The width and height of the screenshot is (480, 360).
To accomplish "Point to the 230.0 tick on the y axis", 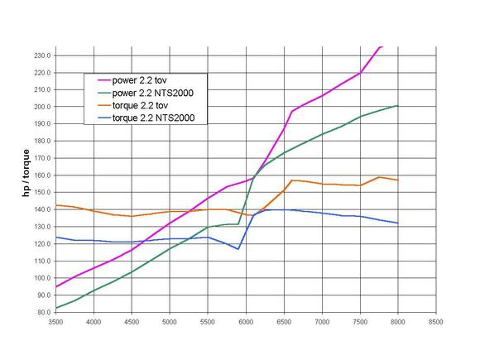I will (x=41, y=55).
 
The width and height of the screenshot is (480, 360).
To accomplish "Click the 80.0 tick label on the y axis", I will (x=43, y=312).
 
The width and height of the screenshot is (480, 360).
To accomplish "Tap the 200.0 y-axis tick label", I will (x=41, y=107).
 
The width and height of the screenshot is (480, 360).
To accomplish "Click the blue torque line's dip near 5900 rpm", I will (x=238, y=249).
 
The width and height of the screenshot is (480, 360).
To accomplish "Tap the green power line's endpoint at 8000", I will (x=398, y=106).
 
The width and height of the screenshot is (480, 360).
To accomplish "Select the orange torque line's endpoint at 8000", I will (x=398, y=180).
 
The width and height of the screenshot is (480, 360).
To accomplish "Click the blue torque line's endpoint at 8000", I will (x=398, y=223).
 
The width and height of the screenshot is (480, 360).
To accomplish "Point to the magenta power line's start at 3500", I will (x=56, y=287).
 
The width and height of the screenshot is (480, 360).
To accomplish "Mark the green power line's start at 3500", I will (x=56, y=308).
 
